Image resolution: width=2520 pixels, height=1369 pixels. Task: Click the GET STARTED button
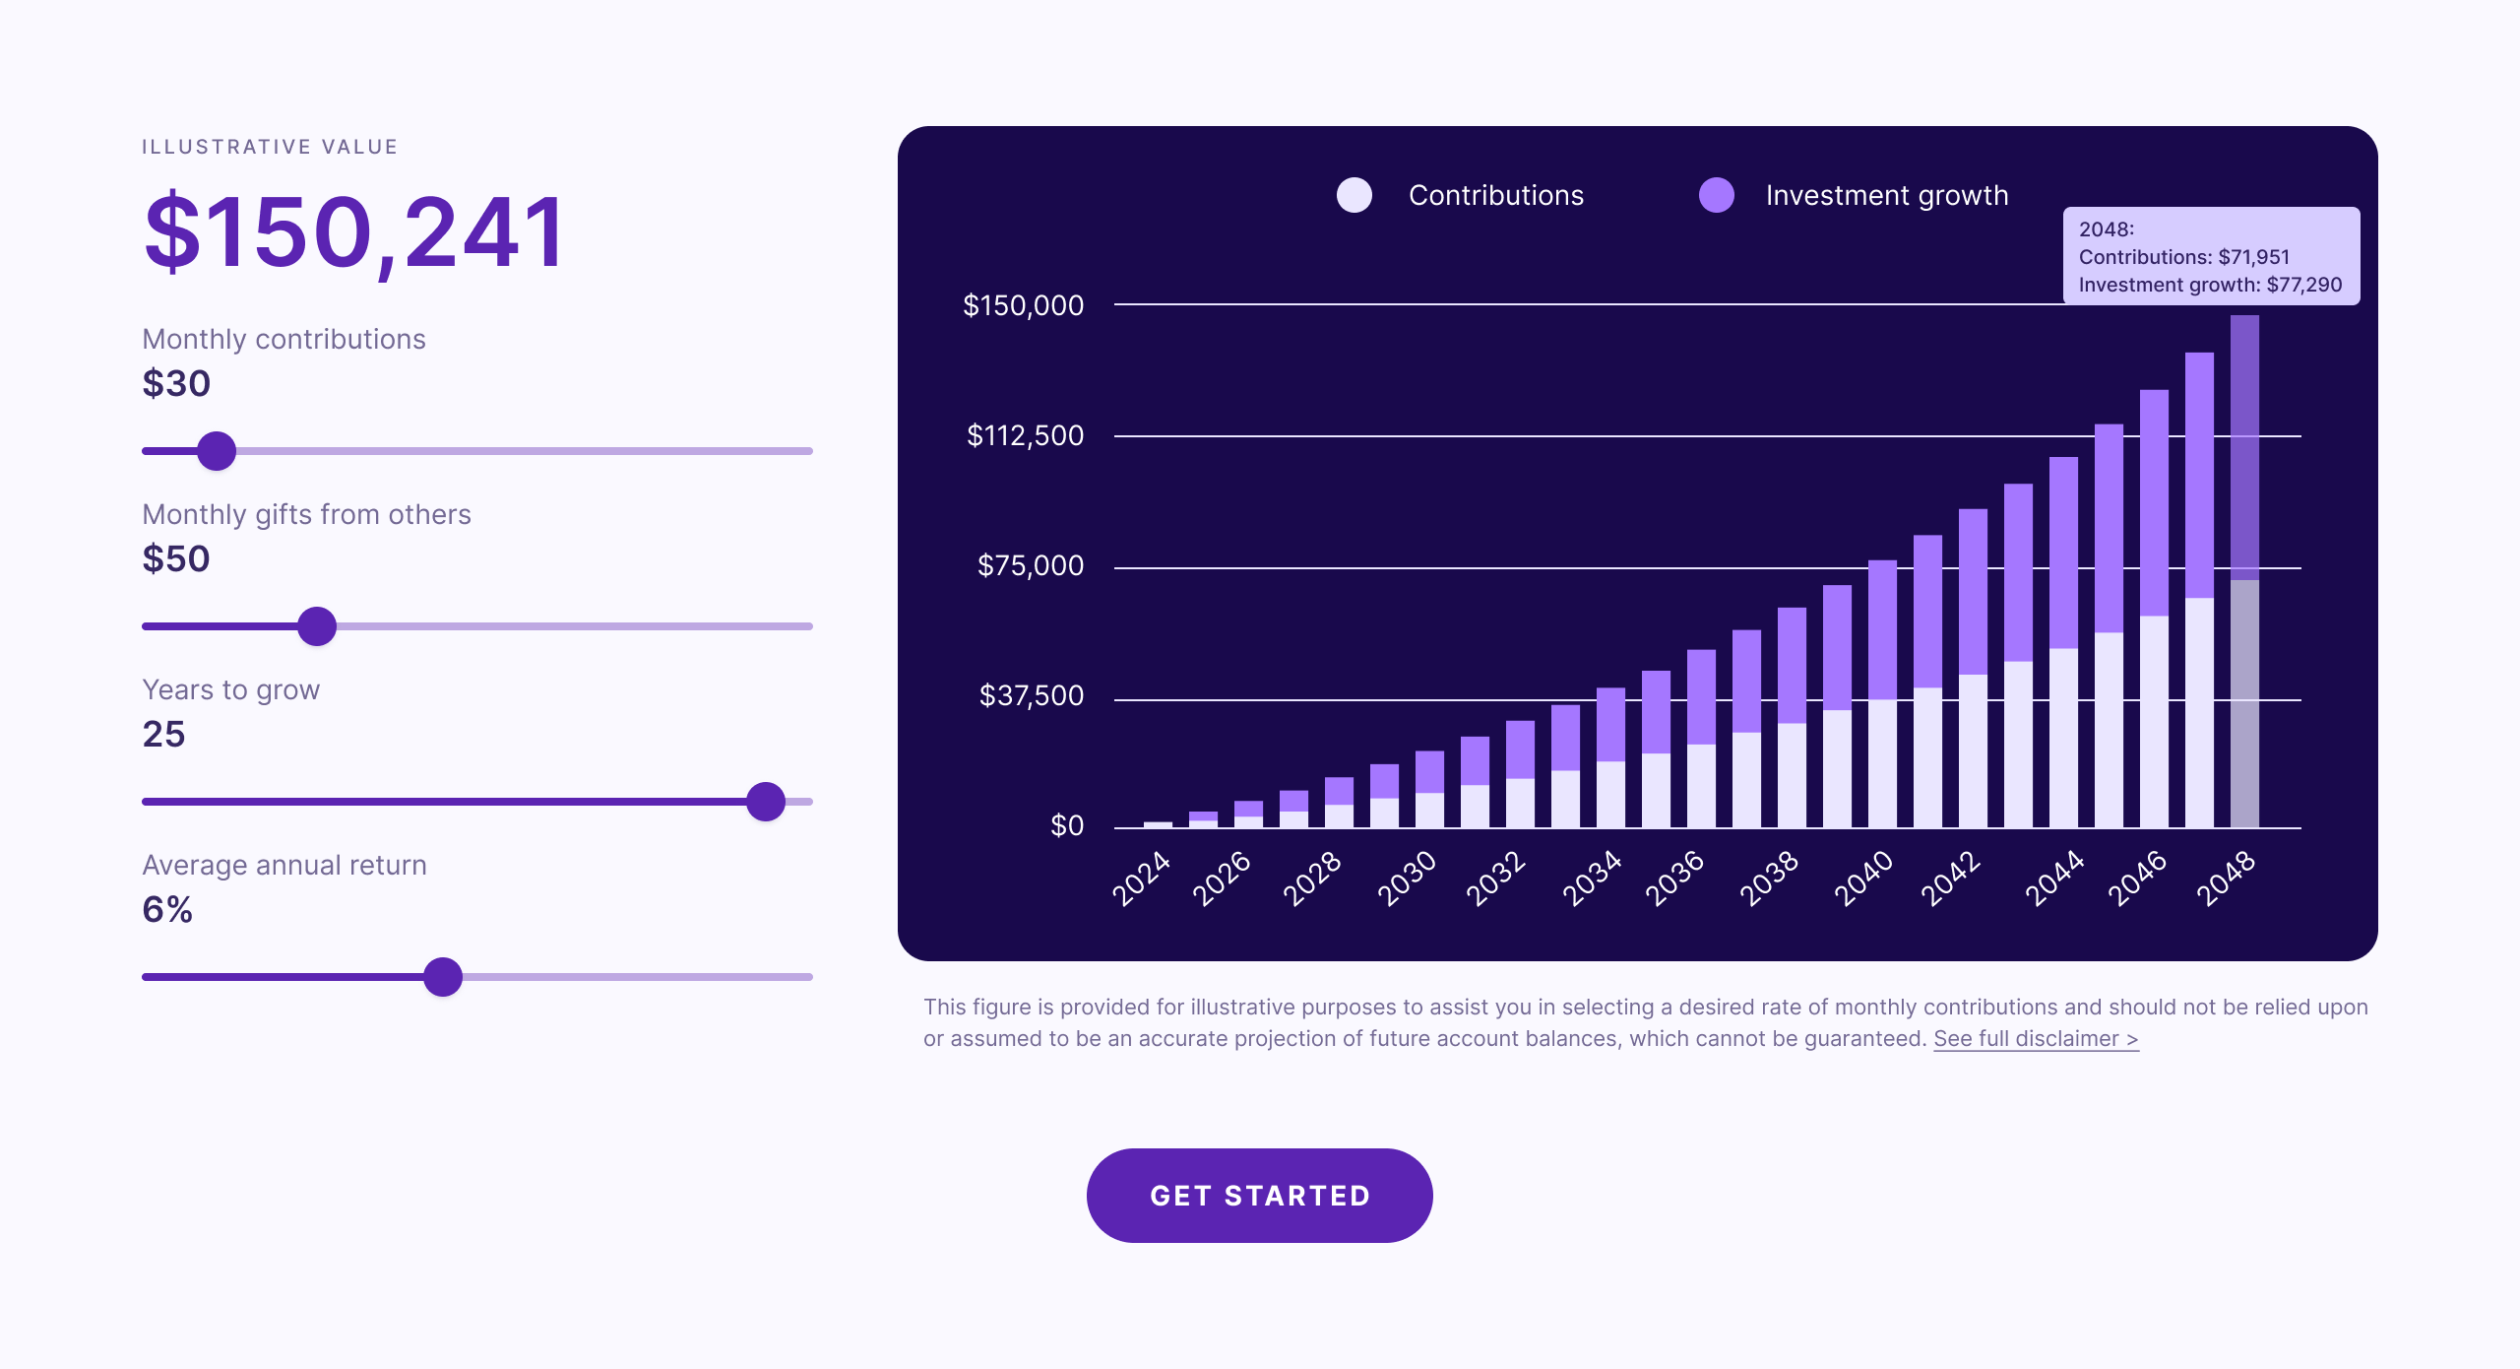[1259, 1195]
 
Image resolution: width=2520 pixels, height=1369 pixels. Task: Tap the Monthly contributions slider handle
[217, 451]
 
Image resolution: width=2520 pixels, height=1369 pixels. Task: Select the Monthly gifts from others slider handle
[317, 626]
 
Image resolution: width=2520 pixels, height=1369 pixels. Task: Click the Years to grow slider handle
[766, 802]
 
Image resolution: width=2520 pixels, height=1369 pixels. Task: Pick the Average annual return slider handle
[443, 977]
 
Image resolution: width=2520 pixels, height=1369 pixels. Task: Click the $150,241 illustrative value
[354, 232]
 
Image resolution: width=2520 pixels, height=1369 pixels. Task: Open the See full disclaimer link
[2036, 1039]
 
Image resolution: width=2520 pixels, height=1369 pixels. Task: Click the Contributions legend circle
[1354, 195]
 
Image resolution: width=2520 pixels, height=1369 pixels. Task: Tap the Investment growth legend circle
[1717, 195]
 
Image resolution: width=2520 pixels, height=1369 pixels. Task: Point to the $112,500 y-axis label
[1025, 435]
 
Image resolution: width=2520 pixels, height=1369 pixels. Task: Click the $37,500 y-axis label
[1031, 695]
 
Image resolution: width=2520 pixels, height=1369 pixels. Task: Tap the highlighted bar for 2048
[2244, 571]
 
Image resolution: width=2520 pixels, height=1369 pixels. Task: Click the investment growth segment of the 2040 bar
[1882, 630]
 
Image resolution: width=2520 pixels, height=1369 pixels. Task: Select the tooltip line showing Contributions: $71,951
[2183, 257]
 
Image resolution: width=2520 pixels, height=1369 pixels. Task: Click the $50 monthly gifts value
[176, 558]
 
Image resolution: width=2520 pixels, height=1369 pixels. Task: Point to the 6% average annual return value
[167, 909]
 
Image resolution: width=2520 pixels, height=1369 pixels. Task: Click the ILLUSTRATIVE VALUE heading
[270, 147]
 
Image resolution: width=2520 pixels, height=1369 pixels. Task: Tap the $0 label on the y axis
[1066, 825]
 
